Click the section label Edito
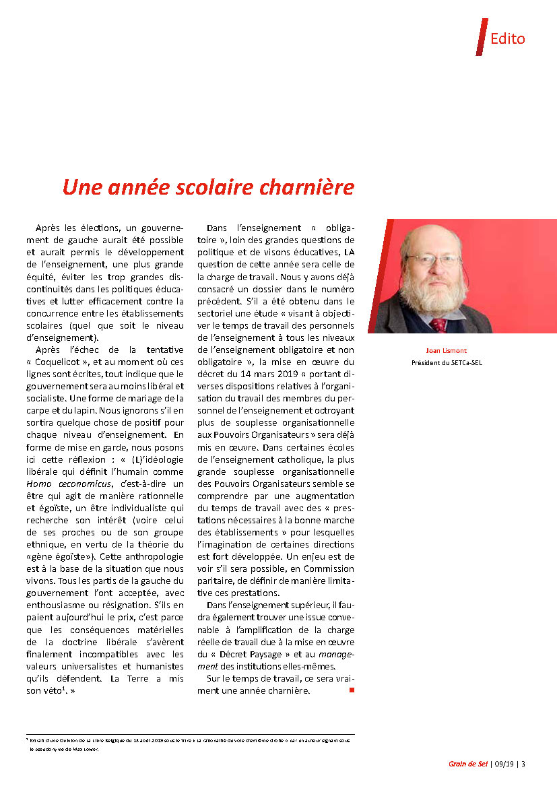click(507, 38)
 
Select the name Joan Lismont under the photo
click(447, 351)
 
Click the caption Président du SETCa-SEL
click(447, 363)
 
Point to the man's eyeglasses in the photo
click(432, 259)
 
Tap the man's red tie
click(438, 325)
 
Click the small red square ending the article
click(351, 691)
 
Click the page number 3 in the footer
click(523, 764)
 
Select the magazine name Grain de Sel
click(463, 764)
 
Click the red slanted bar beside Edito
click(481, 37)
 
